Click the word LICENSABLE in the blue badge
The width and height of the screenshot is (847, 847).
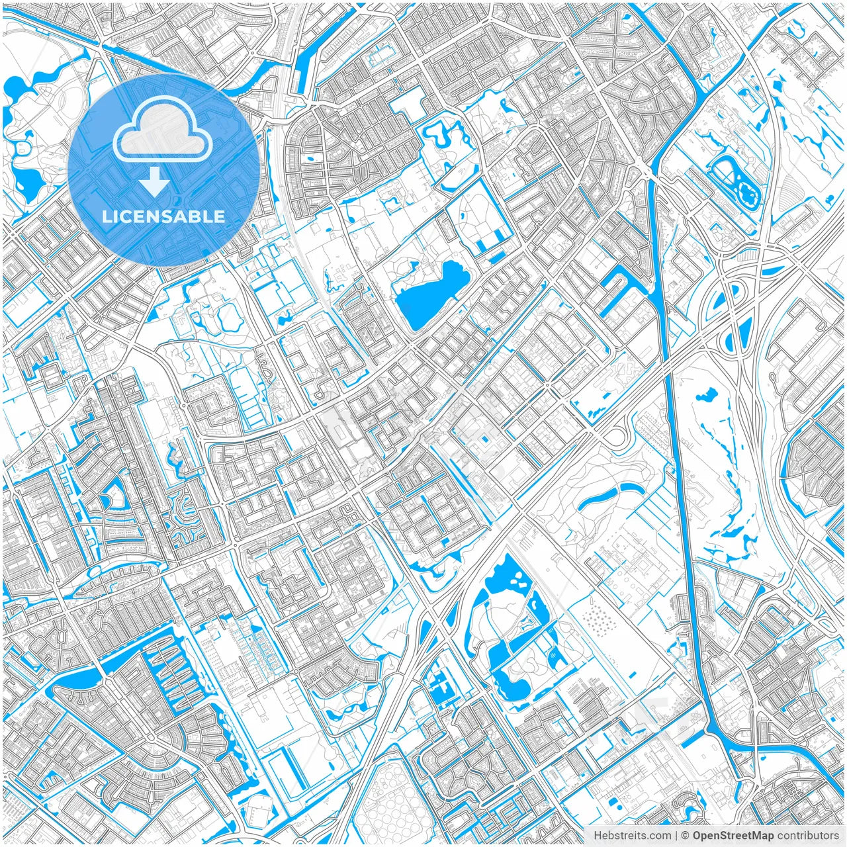click(x=163, y=216)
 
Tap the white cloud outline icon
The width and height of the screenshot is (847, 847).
click(x=163, y=132)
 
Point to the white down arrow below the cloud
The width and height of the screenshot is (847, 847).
click(x=155, y=181)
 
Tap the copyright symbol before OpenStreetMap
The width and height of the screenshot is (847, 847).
click(x=686, y=836)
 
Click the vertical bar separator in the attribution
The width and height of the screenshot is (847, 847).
click(x=675, y=836)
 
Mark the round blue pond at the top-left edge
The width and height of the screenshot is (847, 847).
click(x=15, y=86)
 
